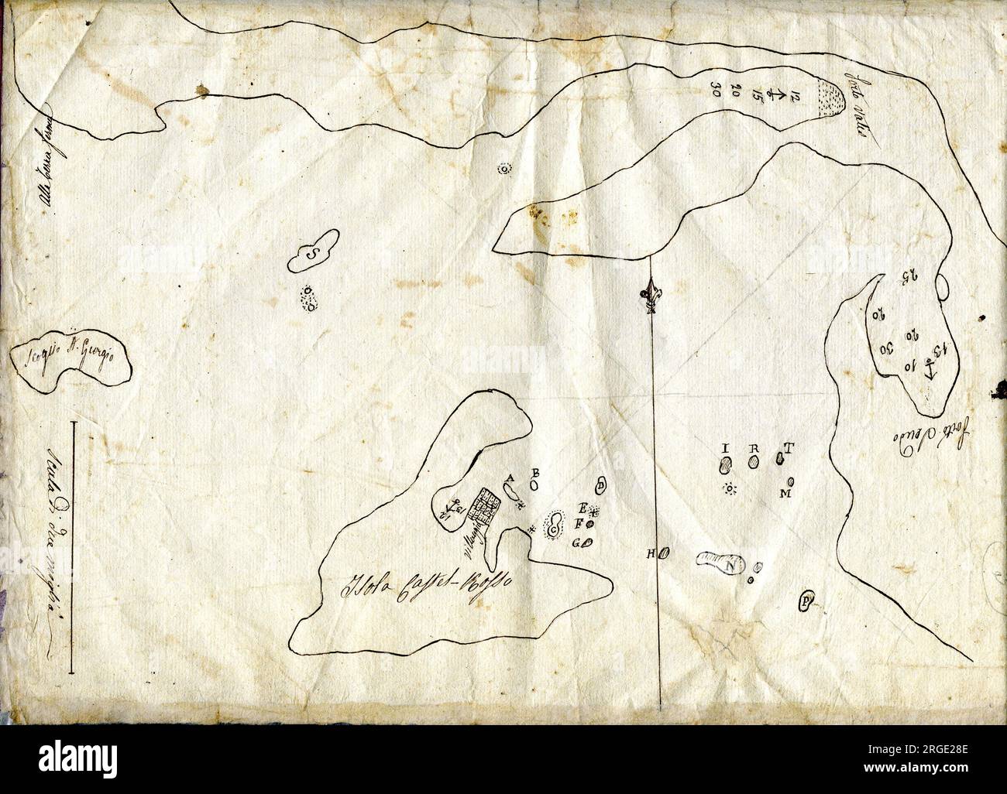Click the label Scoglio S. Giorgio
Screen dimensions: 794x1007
(70, 361)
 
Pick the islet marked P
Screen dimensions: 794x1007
(806, 601)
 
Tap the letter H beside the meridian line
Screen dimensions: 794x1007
(653, 553)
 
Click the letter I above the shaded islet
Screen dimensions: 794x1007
(726, 449)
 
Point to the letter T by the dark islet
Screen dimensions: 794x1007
(789, 448)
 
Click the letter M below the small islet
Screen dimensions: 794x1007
(785, 493)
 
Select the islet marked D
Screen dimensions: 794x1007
(601, 485)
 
